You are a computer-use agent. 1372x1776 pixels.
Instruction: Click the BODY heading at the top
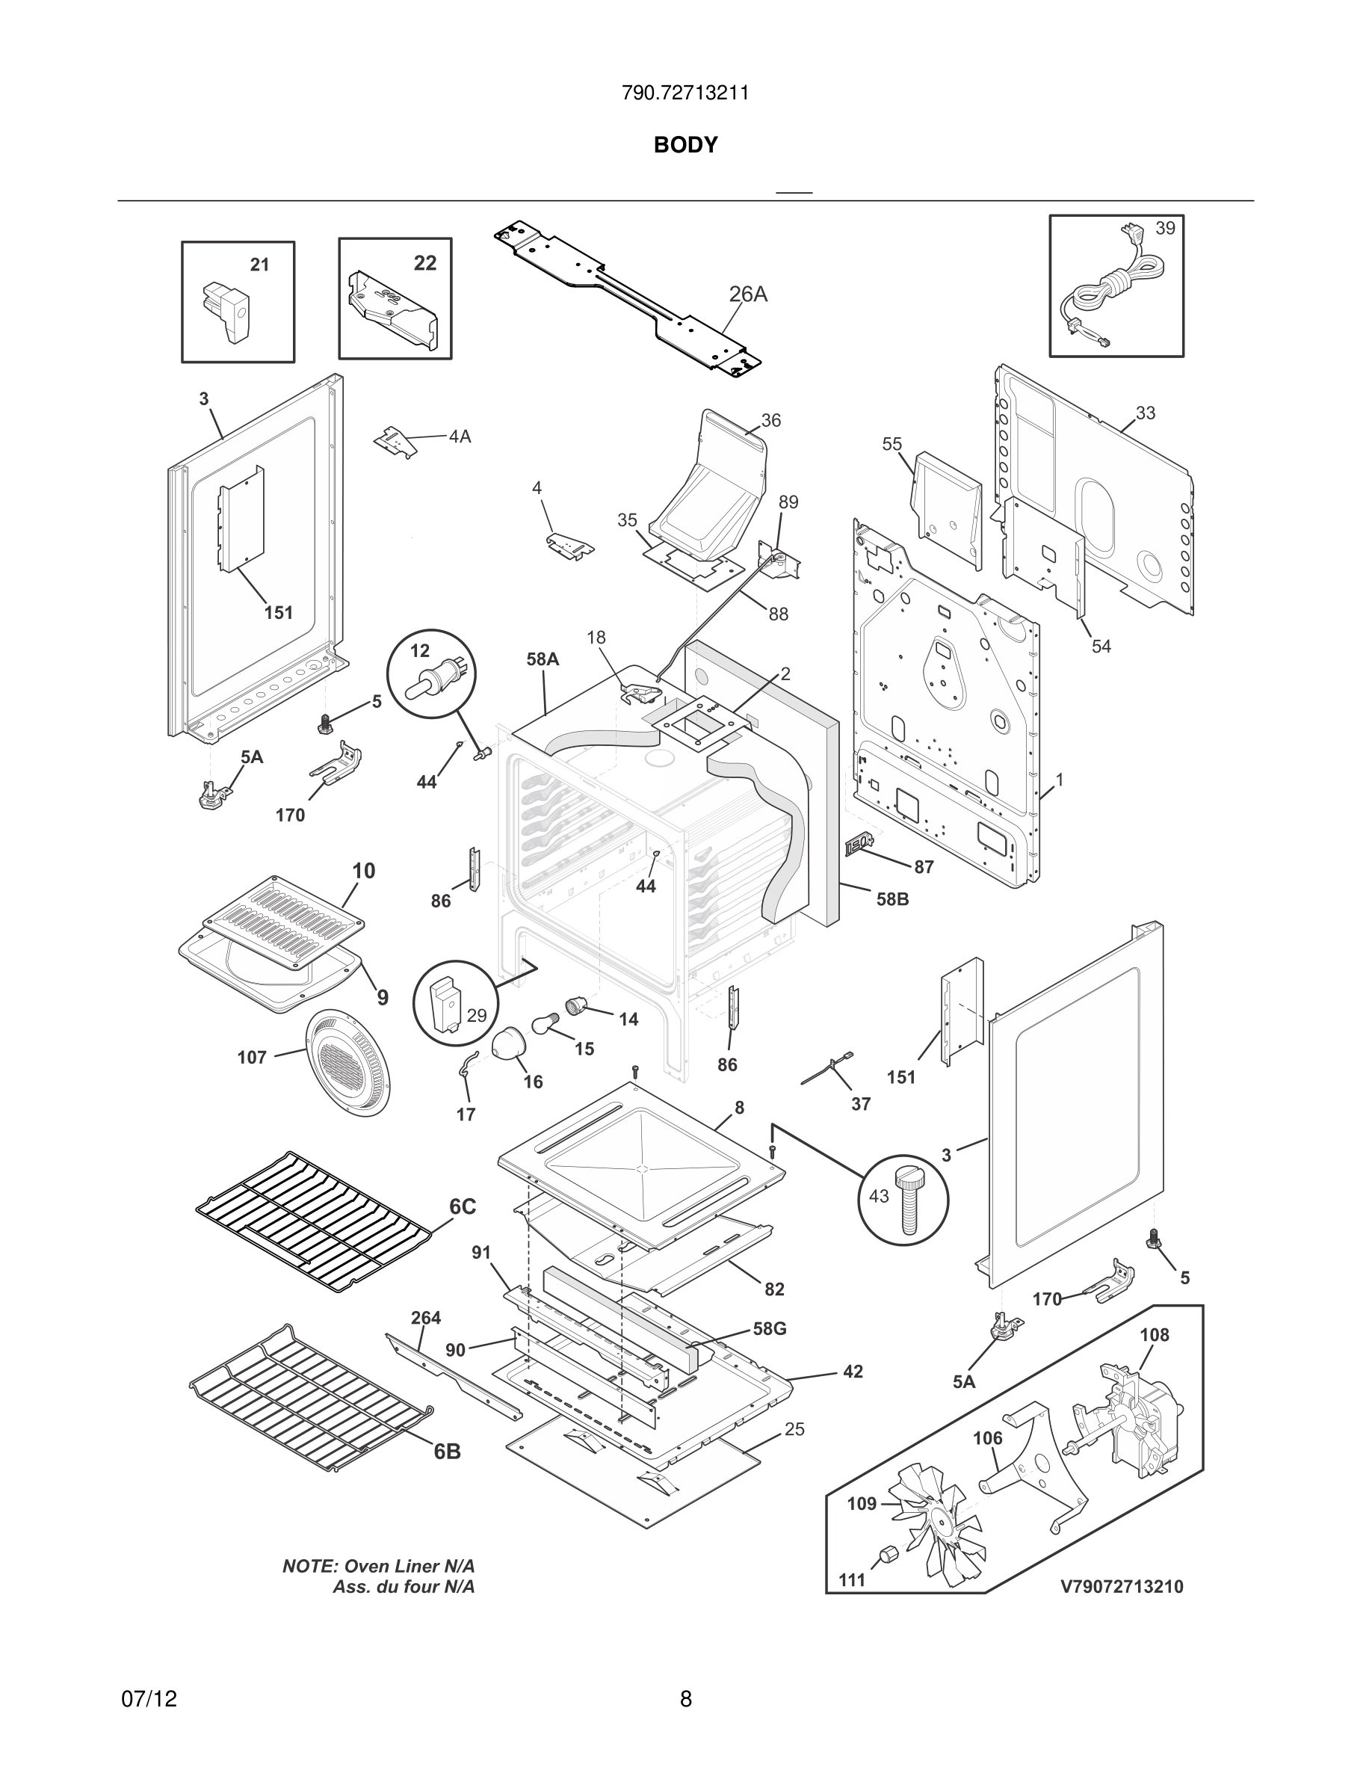tap(685, 145)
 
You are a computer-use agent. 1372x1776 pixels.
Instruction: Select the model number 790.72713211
tap(685, 93)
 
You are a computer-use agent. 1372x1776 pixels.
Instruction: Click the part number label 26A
tap(748, 294)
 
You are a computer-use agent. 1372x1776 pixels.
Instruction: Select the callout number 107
tap(252, 1057)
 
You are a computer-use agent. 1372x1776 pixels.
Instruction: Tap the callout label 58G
tap(769, 1330)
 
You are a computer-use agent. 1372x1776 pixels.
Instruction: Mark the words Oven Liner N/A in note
tap(409, 1566)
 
